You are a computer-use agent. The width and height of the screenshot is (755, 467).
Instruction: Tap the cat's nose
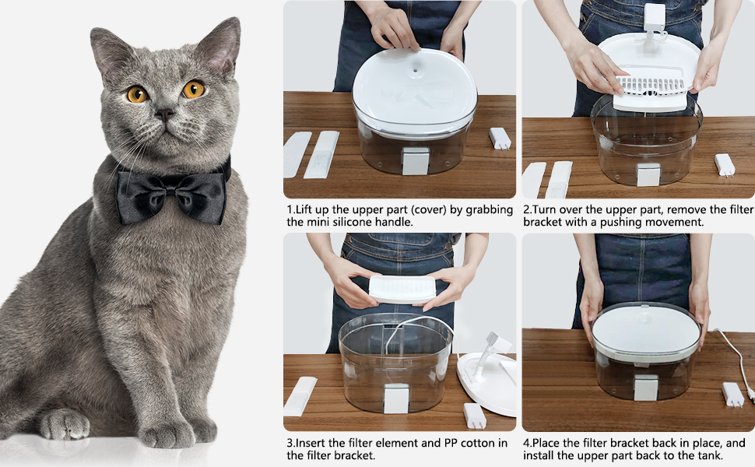[165, 114]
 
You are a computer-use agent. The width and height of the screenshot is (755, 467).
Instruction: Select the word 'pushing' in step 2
[620, 223]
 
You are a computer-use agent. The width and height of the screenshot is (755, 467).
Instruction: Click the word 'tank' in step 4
[710, 455]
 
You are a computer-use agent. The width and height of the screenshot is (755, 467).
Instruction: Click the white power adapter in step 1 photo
[500, 139]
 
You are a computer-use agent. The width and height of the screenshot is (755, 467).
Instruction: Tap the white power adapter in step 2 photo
[725, 165]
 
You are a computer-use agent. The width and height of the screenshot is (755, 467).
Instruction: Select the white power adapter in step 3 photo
[474, 416]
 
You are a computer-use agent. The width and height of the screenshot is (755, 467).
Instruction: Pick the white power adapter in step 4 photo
[733, 395]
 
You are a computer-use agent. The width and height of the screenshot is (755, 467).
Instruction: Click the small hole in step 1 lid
[414, 70]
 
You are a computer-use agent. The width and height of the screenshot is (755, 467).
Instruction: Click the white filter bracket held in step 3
[402, 290]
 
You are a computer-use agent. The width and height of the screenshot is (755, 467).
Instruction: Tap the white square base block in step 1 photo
[415, 161]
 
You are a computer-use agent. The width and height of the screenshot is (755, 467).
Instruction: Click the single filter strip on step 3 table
[300, 396]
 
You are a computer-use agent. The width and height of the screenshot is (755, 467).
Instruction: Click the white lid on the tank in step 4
[646, 329]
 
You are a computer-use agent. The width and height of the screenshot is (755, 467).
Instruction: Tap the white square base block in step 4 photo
[646, 388]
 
